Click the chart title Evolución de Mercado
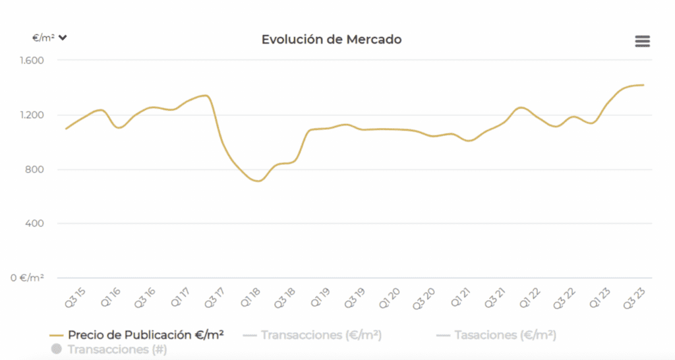tap(332, 40)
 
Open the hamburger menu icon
tap(642, 41)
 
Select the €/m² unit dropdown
tap(50, 38)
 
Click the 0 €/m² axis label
tap(27, 278)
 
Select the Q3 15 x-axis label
tap(73, 297)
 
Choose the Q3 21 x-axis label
tap(496, 297)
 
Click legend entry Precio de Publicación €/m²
tap(137, 335)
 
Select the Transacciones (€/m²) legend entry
tap(313, 335)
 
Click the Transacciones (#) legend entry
tap(109, 349)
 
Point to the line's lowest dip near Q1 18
tap(258, 181)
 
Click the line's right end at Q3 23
tap(643, 85)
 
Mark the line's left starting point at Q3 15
tap(66, 129)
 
